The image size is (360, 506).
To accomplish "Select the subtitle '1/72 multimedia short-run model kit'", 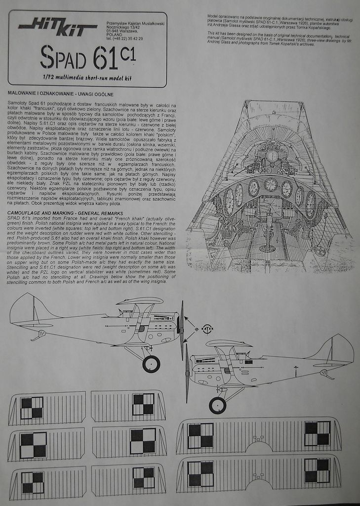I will (x=87, y=77).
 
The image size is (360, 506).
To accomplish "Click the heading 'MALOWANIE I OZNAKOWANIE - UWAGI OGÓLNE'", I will (x=61, y=94).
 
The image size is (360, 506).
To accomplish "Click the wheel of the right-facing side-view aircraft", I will (x=151, y=364).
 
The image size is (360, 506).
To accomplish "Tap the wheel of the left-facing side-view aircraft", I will (x=217, y=405).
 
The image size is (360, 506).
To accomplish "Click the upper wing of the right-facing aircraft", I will (x=140, y=300).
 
